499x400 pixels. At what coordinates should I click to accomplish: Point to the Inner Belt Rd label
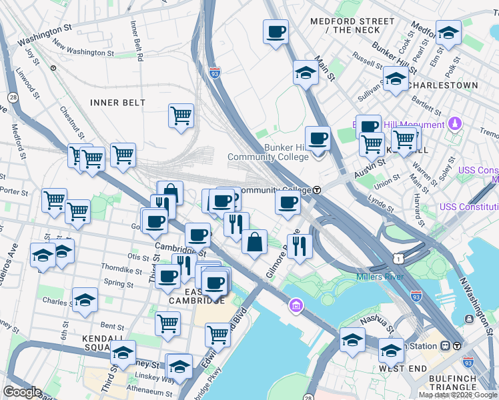coord(136,41)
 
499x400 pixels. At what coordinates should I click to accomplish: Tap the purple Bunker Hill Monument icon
coord(455,124)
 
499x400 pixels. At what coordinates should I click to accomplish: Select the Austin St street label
coord(370,163)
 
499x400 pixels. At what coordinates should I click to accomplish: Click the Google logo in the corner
coord(22,392)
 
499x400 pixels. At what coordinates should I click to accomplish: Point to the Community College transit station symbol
coord(317,190)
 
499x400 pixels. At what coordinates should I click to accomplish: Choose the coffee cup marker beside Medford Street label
coord(275,31)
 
